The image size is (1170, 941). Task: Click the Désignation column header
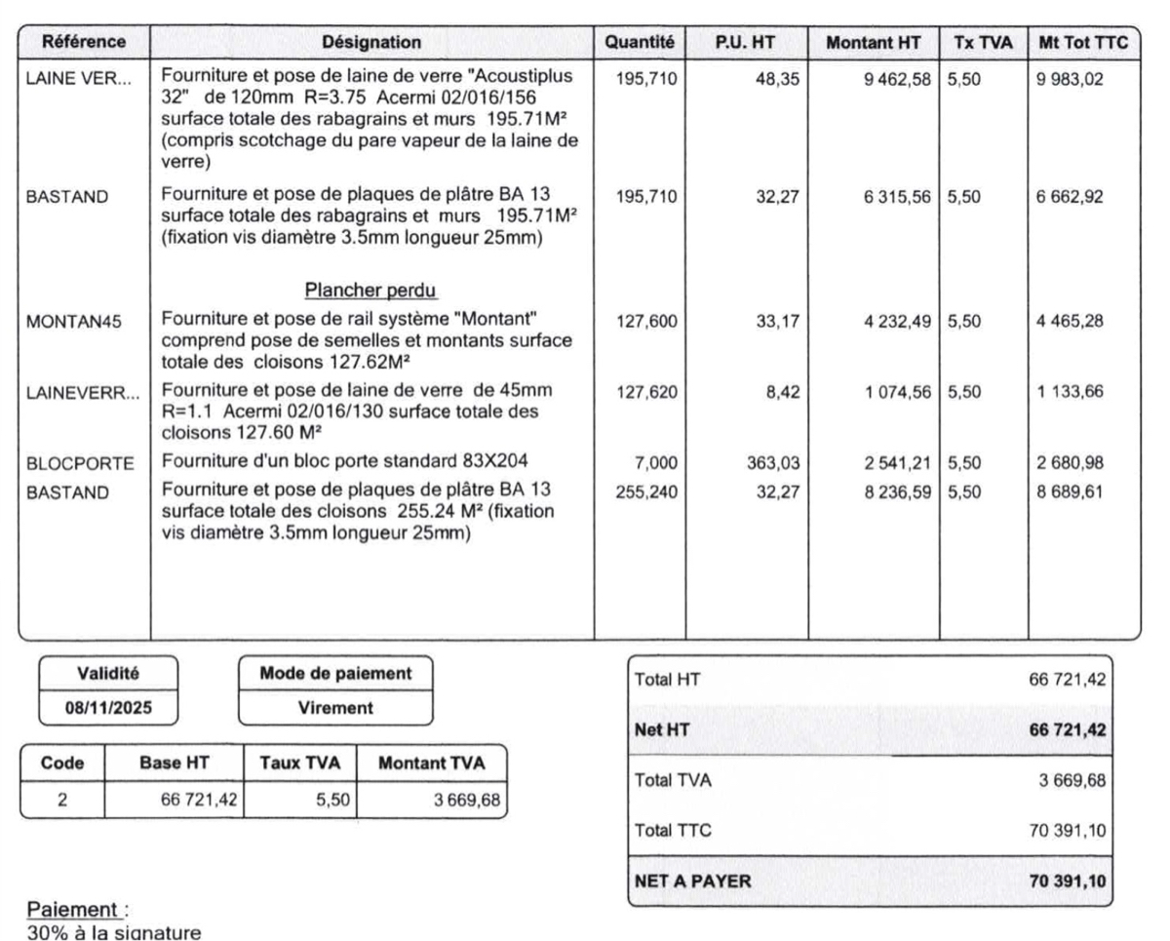click(x=371, y=43)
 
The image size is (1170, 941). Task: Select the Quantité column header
click(x=640, y=43)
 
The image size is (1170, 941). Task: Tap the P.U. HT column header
click(x=746, y=43)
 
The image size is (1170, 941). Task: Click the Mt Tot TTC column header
click(x=1083, y=43)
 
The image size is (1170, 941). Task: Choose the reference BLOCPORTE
click(x=80, y=463)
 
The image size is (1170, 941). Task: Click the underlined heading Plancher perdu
click(x=371, y=290)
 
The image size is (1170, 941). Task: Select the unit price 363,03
click(x=772, y=463)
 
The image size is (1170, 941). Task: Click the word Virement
click(x=335, y=709)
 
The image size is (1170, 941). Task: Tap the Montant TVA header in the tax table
click(x=431, y=764)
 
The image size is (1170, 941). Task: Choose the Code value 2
click(x=61, y=801)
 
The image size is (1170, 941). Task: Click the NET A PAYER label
click(x=693, y=882)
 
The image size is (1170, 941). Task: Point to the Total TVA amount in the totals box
click(x=1072, y=780)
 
